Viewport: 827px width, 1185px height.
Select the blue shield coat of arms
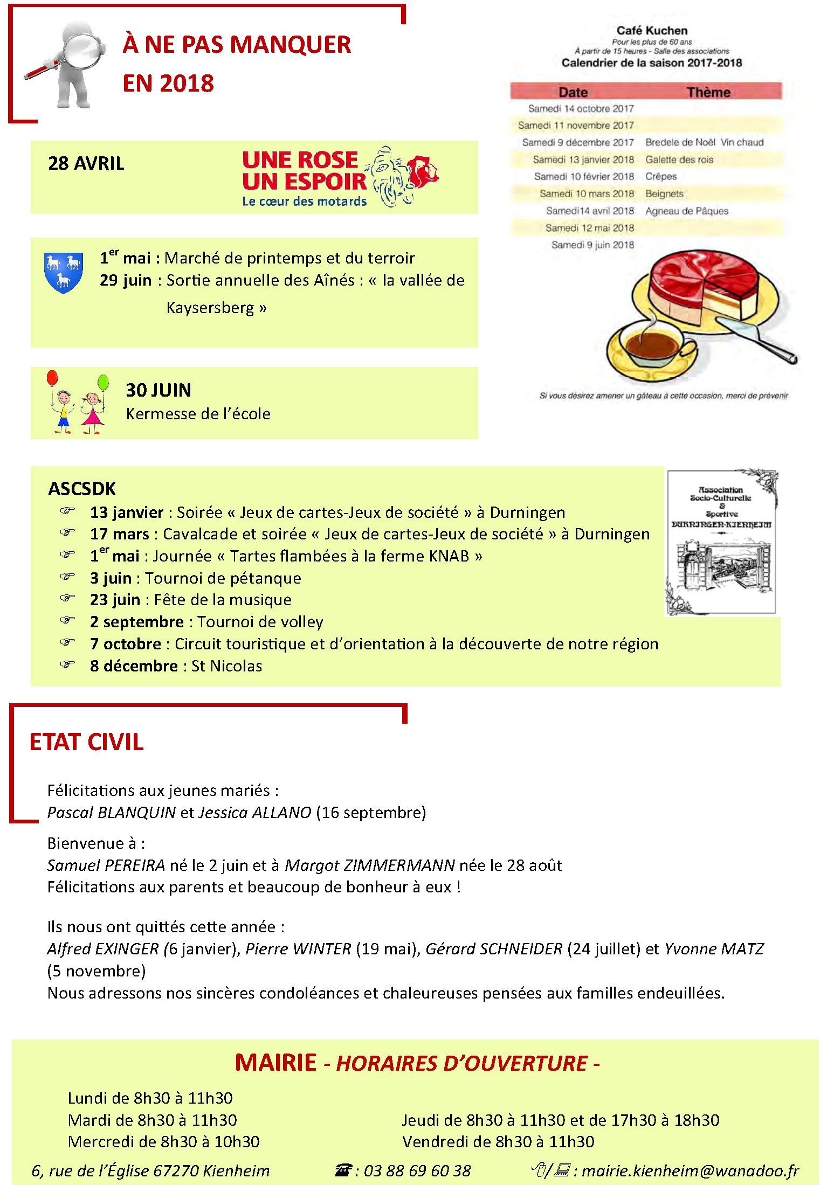pos(64,271)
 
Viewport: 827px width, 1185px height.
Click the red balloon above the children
pos(52,378)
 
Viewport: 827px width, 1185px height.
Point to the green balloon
pos(103,382)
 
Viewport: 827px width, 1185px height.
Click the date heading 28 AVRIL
pos(86,163)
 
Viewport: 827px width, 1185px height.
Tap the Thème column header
pos(708,92)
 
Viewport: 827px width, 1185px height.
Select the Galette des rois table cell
pos(679,160)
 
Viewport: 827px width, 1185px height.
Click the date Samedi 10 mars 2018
pos(587,193)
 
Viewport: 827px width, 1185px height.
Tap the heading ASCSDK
pos(82,489)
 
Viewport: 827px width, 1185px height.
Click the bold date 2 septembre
pos(137,622)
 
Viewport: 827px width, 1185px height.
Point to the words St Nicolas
pos(226,666)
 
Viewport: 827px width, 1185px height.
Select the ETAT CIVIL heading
pos(87,742)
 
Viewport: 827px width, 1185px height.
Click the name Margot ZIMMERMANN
pos(370,865)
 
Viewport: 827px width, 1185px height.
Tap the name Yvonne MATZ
pos(714,949)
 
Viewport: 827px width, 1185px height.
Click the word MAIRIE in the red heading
pos(275,1063)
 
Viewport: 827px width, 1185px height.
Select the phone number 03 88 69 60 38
pos(417,1170)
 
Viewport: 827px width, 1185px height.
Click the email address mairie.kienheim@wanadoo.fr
pos(690,1170)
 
